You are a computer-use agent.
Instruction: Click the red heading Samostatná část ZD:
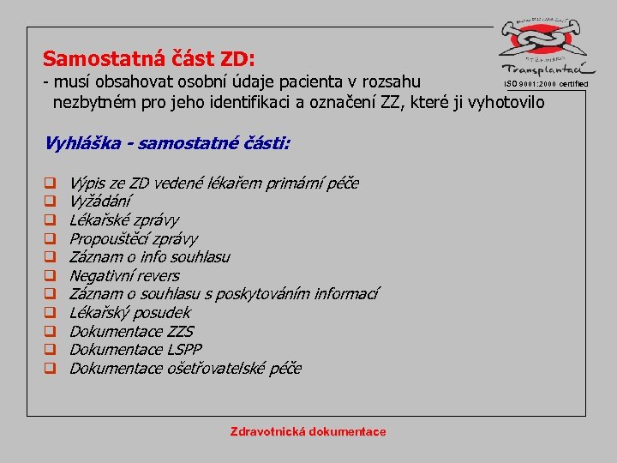click(x=148, y=59)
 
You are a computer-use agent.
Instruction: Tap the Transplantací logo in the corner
click(x=546, y=47)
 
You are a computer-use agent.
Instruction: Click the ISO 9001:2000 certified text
click(x=546, y=83)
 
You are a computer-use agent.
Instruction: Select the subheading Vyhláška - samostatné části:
click(x=167, y=142)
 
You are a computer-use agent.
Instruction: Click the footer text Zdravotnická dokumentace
click(x=308, y=431)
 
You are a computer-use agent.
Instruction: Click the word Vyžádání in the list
click(x=100, y=201)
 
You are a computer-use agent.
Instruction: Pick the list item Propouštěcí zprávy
click(x=133, y=238)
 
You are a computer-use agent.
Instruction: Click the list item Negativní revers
click(x=124, y=275)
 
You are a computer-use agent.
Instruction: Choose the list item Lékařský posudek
click(x=129, y=312)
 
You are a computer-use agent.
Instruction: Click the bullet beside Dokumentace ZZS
click(x=51, y=332)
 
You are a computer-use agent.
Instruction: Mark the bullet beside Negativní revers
click(x=51, y=276)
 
